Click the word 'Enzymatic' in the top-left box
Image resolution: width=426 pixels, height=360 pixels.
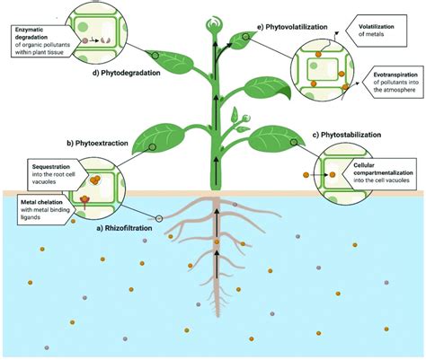pos(31,31)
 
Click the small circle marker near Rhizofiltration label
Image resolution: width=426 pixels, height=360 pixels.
pos(159,217)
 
